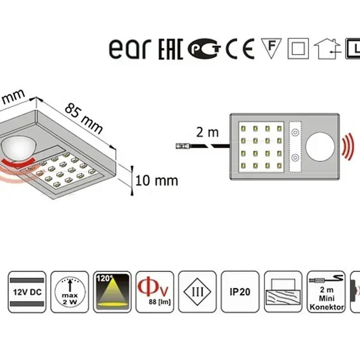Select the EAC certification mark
click(170, 49)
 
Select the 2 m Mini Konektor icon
click(328, 291)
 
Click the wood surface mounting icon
click(284, 291)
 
